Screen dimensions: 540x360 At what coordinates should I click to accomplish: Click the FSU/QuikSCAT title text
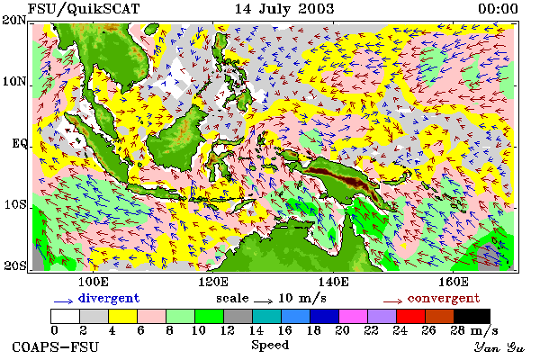pos(84,9)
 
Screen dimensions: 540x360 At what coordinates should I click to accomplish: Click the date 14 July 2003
pos(284,9)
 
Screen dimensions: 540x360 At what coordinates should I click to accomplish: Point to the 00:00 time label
pos(498,9)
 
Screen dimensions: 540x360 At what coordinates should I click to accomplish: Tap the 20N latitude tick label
pos(14,20)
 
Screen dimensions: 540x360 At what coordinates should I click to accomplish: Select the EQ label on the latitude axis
pos(20,143)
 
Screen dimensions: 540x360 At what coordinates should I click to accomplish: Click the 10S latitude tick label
pos(15,204)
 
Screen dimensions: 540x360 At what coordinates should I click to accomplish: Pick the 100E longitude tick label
pos(94,282)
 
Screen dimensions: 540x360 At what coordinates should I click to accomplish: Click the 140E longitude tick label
pos(333,282)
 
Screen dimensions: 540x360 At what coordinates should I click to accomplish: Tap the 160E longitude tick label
pos(454,282)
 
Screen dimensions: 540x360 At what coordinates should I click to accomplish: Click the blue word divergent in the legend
pos(109,298)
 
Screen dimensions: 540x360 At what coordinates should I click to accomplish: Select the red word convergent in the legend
pos(444,298)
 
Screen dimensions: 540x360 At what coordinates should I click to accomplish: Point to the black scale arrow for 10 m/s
pos(263,301)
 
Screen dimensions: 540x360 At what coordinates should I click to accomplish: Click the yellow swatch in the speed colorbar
pos(122,316)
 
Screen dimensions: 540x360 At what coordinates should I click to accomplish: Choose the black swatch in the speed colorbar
pos(472,316)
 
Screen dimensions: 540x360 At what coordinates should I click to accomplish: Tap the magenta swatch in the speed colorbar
pos(353,316)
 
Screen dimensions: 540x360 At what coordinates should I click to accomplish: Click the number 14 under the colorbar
pos(256,330)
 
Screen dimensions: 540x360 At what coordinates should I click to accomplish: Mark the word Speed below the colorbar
pos(270,345)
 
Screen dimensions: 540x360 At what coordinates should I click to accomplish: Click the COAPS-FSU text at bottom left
pos(55,347)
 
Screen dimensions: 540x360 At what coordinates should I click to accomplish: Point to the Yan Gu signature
pos(499,347)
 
